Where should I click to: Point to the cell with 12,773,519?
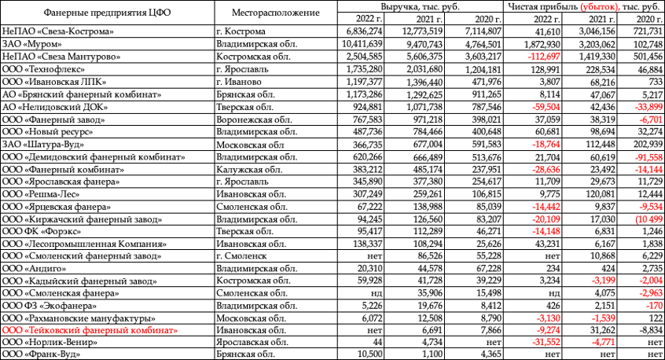point(422,31)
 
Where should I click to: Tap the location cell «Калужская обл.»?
point(247,170)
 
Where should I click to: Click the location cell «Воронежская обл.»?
point(252,119)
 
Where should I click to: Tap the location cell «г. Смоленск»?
point(241,255)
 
